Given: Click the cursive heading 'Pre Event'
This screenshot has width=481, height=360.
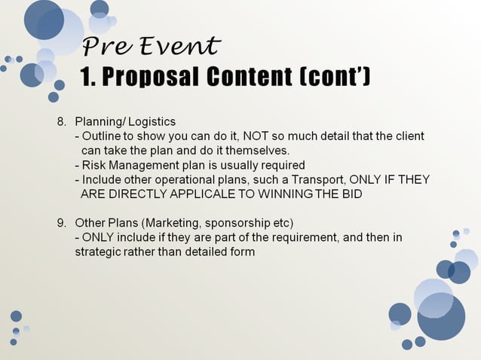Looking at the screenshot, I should pos(151,47).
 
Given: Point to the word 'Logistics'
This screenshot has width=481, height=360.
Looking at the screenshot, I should pos(150,121).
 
